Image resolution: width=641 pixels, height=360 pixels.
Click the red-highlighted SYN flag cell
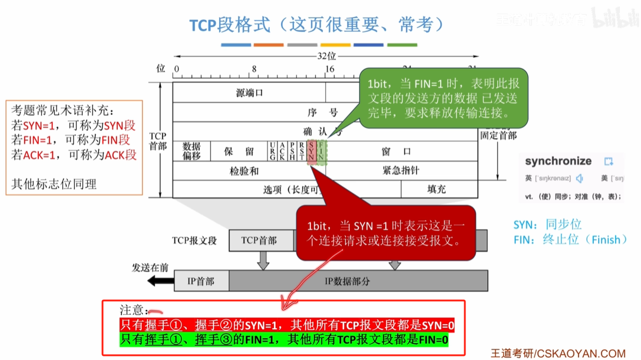point(312,151)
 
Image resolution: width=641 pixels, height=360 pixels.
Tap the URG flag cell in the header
point(272,151)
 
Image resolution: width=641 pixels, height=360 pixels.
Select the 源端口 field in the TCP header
point(249,93)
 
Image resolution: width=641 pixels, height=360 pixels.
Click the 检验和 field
point(244,171)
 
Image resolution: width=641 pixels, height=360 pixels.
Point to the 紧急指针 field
point(401,171)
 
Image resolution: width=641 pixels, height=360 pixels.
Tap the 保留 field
point(239,151)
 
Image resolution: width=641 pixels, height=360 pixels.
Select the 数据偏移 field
point(191,151)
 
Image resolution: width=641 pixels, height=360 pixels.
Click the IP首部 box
point(201,281)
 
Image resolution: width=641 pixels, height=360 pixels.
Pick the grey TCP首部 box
point(259,240)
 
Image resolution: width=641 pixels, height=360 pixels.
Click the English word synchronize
point(558,161)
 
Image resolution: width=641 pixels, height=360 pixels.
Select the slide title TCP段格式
point(230,25)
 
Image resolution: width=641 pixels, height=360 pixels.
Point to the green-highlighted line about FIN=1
point(284,340)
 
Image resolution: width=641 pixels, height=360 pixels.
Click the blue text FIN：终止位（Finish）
point(570,240)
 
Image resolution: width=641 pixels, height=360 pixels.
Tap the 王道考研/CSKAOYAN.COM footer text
point(558,353)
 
